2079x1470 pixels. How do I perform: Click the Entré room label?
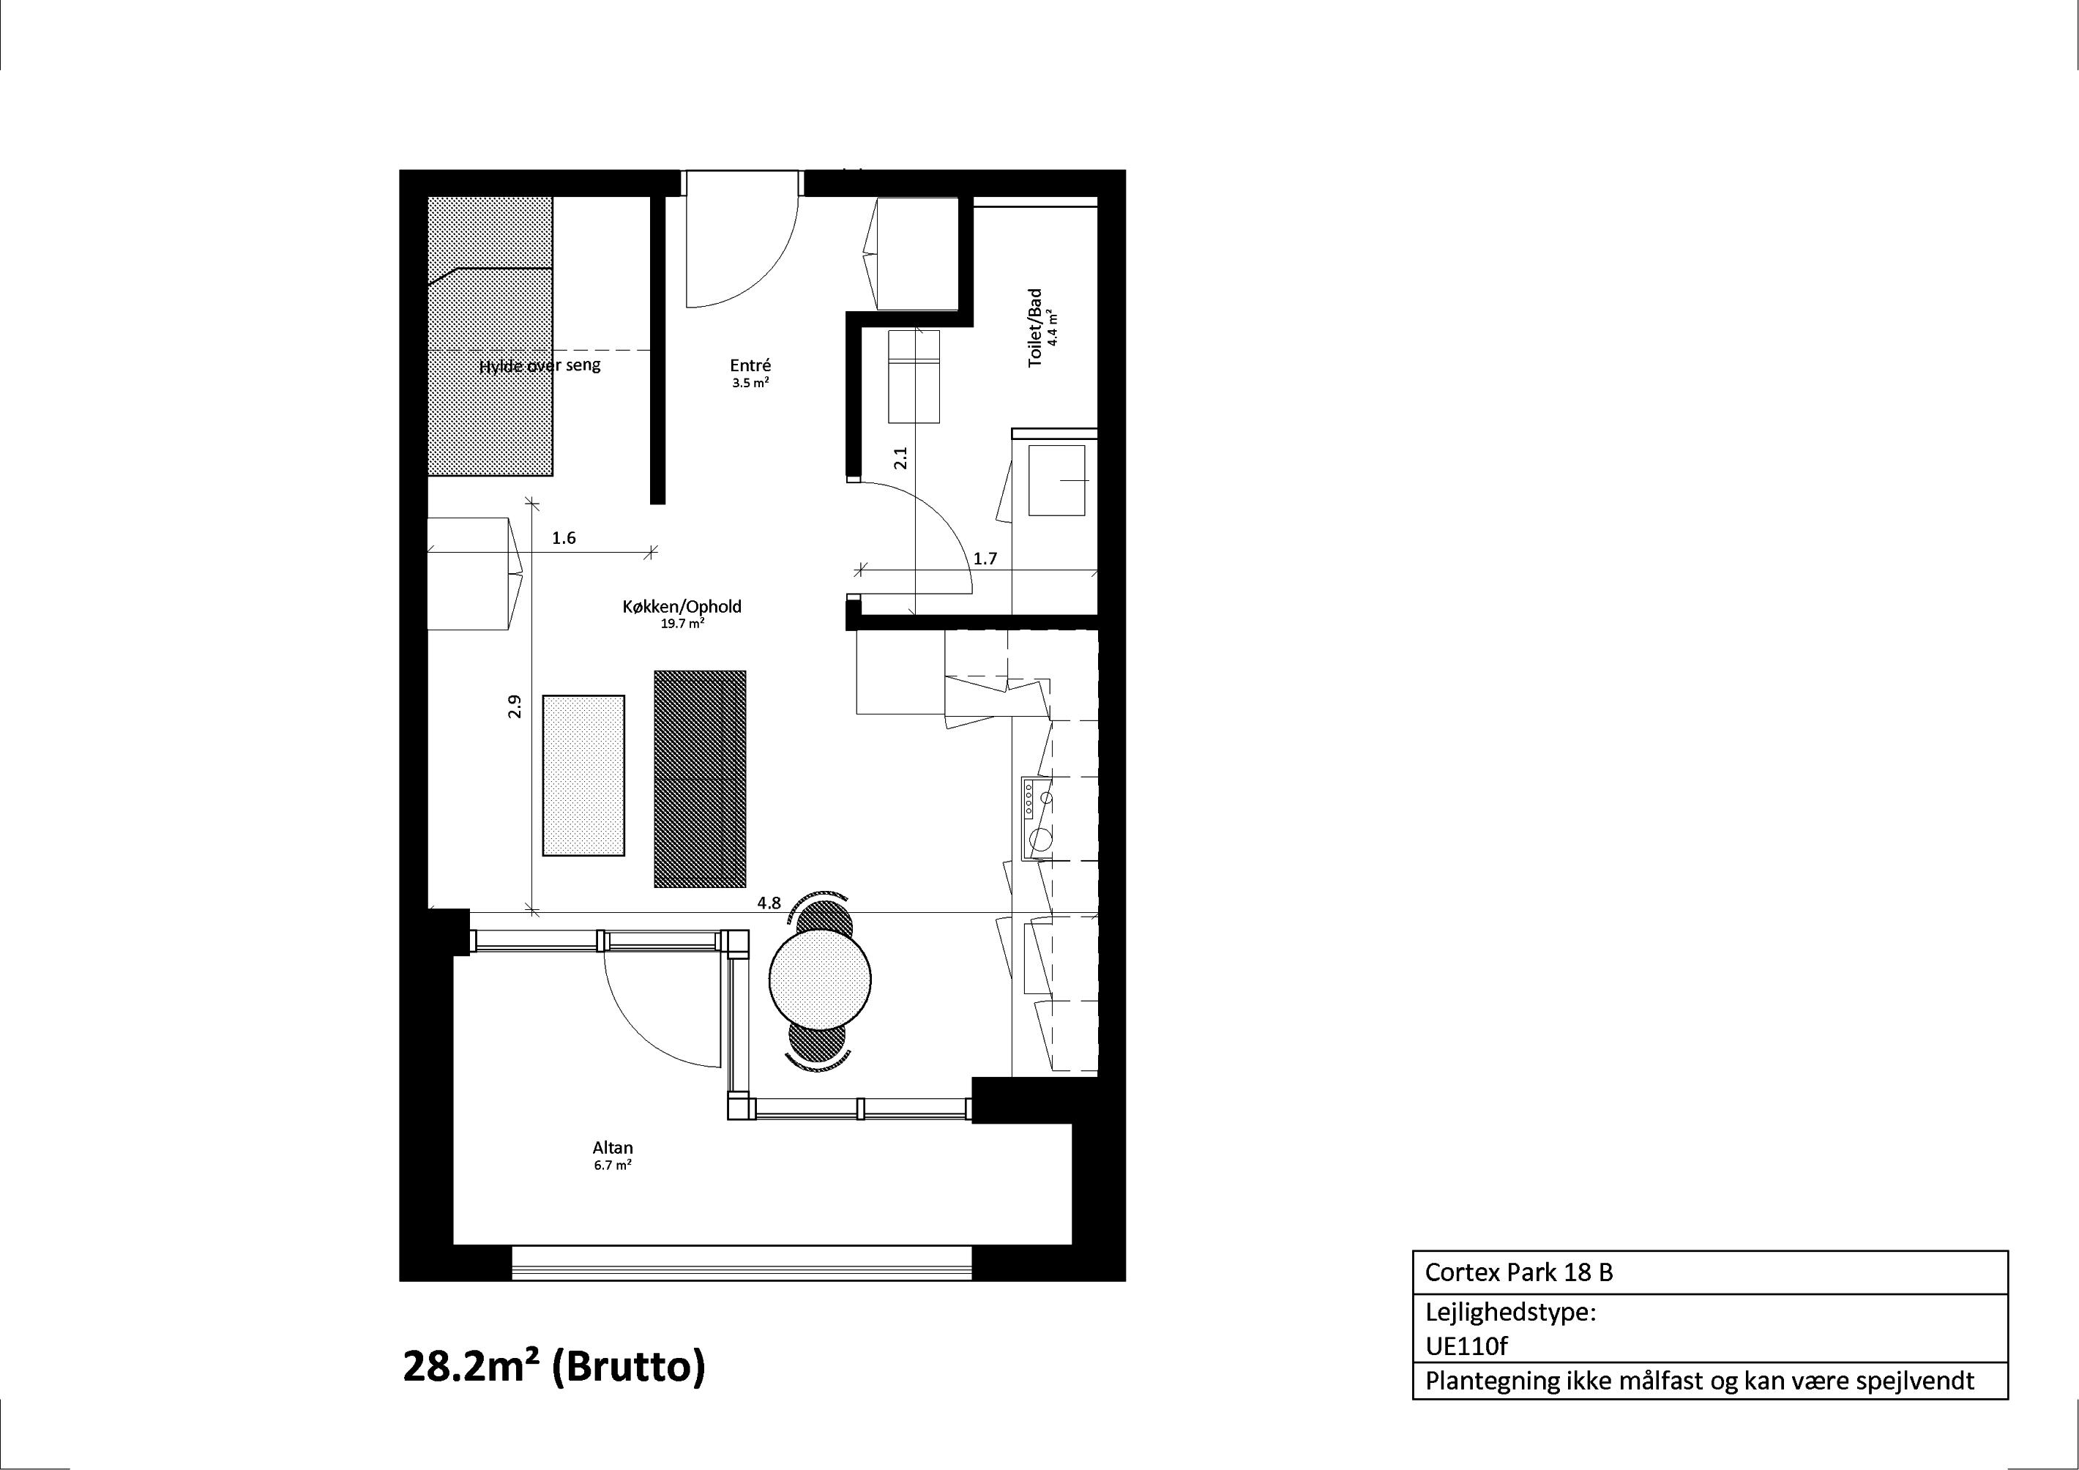pyautogui.click(x=750, y=366)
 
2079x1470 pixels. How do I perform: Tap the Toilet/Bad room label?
pyautogui.click(x=1035, y=328)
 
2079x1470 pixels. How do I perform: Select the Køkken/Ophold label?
pyautogui.click(x=681, y=606)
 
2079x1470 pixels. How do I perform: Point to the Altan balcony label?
pyautogui.click(x=612, y=1148)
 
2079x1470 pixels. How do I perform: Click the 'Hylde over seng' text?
pyautogui.click(x=540, y=366)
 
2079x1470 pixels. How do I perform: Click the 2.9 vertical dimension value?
pyautogui.click(x=515, y=706)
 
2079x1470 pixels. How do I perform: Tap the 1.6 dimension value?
pyautogui.click(x=564, y=538)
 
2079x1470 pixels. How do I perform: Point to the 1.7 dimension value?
pyautogui.click(x=985, y=559)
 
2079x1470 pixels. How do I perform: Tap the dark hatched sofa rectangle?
pyautogui.click(x=700, y=779)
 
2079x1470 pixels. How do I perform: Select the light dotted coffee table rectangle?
pyautogui.click(x=583, y=775)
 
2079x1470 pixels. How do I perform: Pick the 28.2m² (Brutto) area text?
pyautogui.click(x=553, y=1366)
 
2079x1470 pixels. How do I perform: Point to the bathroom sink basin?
pyautogui.click(x=1057, y=480)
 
